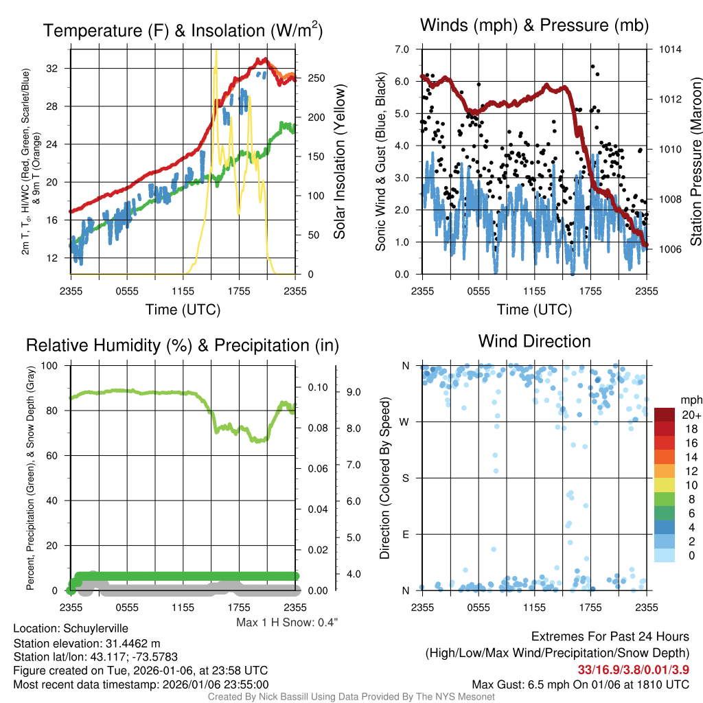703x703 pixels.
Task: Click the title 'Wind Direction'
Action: pos(534,341)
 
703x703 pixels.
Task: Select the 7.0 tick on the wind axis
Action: pos(402,49)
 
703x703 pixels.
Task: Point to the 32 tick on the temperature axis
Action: pos(51,69)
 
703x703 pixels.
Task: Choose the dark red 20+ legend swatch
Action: pos(665,415)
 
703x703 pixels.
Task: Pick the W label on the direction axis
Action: pos(405,422)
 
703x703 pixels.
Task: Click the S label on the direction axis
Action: pos(405,478)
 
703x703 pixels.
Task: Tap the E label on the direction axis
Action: pos(405,534)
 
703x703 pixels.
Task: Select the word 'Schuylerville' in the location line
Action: pos(95,628)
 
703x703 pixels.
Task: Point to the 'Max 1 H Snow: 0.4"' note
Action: pos(287,623)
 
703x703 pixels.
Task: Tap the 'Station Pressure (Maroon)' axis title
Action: pos(695,162)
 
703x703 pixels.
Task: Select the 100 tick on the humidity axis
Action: pos(51,365)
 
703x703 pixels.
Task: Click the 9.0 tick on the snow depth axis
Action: pos(354,393)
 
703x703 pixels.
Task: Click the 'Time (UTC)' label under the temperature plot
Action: pos(183,310)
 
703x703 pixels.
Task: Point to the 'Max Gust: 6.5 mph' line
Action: pos(581,684)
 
